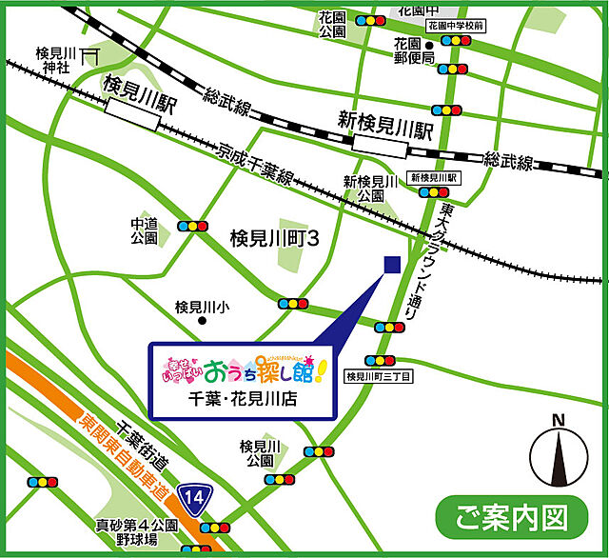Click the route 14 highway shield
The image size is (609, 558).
195,497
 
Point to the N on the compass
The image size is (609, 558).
559,420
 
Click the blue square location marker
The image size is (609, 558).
390,263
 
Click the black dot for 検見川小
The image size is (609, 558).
201,322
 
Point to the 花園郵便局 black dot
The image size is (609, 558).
430,45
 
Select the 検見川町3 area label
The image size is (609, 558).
273,240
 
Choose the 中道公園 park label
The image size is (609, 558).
144,231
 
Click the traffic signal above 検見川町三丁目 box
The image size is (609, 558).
381,361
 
